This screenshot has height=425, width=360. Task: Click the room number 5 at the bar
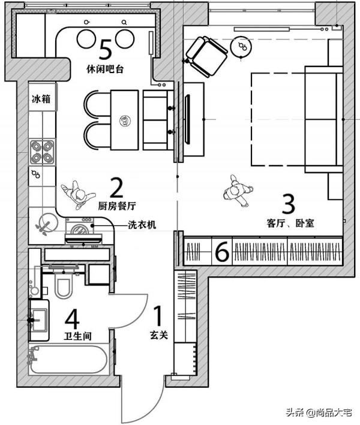click(105, 49)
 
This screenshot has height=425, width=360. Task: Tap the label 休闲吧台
click(105, 69)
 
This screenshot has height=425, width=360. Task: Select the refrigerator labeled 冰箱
click(43, 97)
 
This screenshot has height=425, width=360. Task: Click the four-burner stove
click(42, 152)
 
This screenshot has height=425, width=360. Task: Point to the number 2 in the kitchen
click(116, 188)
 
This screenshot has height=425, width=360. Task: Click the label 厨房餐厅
click(117, 206)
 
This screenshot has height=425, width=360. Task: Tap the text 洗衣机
click(142, 225)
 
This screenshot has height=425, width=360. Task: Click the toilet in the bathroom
click(64, 284)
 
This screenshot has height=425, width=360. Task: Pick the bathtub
click(68, 360)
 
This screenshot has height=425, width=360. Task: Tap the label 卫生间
click(78, 336)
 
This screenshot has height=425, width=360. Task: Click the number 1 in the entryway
click(158, 316)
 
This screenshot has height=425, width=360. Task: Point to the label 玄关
click(159, 335)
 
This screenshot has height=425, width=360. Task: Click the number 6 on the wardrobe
click(222, 252)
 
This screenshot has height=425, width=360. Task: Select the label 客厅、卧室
click(290, 223)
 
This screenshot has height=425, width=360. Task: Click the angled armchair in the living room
click(206, 56)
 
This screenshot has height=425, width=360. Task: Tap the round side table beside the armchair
click(241, 46)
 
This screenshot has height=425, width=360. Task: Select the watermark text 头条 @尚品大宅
click(319, 412)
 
